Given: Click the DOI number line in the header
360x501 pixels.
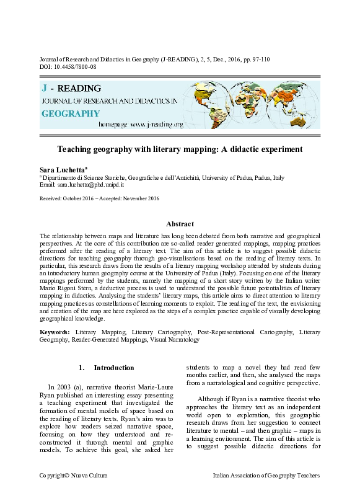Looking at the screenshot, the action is coord(68,66).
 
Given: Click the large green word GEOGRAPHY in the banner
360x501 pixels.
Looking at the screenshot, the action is coord(70,113).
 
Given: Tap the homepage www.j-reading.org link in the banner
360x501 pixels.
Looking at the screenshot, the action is coord(141,125).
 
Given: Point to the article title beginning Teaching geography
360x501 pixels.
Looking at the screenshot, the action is coord(180,149).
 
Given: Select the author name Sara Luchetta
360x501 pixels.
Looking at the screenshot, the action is coord(63,169).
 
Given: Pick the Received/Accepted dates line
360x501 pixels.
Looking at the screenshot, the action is coord(99,198).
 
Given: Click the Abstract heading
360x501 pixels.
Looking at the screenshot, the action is coord(180,224).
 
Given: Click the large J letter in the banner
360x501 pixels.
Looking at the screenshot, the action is coord(45,87).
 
